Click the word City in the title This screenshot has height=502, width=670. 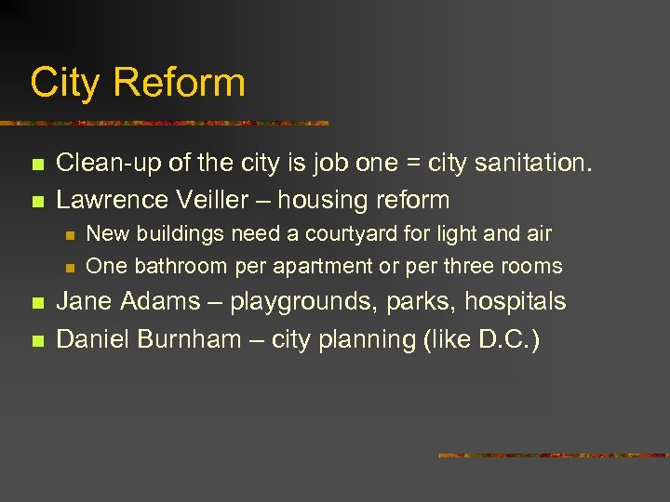(x=64, y=82)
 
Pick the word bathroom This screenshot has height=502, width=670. (x=181, y=266)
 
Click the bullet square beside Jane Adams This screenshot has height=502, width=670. (x=37, y=303)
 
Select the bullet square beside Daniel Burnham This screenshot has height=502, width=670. (x=37, y=340)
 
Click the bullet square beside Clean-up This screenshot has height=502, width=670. (x=37, y=165)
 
